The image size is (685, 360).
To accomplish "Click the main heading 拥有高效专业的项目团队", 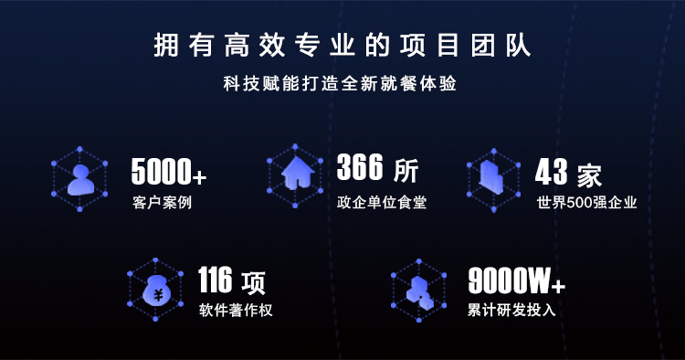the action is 342,45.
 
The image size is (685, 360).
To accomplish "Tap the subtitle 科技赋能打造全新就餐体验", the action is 340,83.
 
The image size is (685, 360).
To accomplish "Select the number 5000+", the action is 169,171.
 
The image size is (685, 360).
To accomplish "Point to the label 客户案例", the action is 162,202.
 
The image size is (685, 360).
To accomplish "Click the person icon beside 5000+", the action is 80,180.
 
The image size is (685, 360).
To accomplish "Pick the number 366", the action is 360,167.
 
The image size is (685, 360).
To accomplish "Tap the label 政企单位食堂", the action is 382,202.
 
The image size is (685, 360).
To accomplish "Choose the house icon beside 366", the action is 298,173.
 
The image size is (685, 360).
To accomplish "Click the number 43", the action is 552,172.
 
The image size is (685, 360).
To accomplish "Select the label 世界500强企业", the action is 586,202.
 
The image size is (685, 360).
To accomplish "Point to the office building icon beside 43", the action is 491,176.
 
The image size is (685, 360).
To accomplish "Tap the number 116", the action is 215,280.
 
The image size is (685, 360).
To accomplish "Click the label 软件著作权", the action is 236,310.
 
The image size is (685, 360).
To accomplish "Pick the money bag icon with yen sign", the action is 156,290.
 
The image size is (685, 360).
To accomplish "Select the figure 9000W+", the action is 517,281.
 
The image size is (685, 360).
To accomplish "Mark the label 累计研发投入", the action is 511,310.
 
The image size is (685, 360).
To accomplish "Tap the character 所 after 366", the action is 406,170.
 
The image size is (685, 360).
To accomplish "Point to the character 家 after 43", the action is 589,175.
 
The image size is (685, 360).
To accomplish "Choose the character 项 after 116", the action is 253,283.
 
